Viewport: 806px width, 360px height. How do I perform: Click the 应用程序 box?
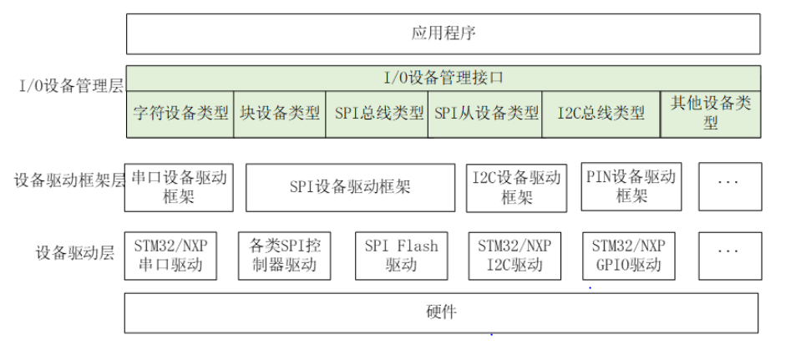[x=443, y=34]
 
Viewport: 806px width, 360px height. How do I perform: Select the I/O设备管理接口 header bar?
[x=443, y=79]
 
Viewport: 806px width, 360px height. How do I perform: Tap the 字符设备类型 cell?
[x=180, y=114]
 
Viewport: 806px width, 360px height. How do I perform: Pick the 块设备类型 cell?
[x=280, y=114]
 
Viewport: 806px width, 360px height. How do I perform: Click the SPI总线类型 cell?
[x=378, y=114]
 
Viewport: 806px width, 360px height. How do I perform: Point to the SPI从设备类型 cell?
[x=486, y=114]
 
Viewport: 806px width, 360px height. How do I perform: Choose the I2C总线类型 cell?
[x=601, y=114]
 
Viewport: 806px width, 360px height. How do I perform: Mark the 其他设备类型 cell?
[x=711, y=114]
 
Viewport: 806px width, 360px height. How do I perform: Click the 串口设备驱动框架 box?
[x=178, y=187]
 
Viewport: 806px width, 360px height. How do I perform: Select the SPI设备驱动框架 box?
[x=350, y=187]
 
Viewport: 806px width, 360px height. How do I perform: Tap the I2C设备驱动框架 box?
[x=516, y=187]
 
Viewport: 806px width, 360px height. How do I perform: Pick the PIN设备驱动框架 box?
[x=631, y=187]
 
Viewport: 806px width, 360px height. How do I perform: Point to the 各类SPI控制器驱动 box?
[x=284, y=256]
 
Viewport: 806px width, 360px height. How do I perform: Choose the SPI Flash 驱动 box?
[x=401, y=256]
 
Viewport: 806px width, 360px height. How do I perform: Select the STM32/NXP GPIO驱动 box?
[x=628, y=256]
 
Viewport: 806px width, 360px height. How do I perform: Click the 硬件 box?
[x=441, y=313]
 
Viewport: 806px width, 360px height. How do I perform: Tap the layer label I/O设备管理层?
[x=63, y=85]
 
